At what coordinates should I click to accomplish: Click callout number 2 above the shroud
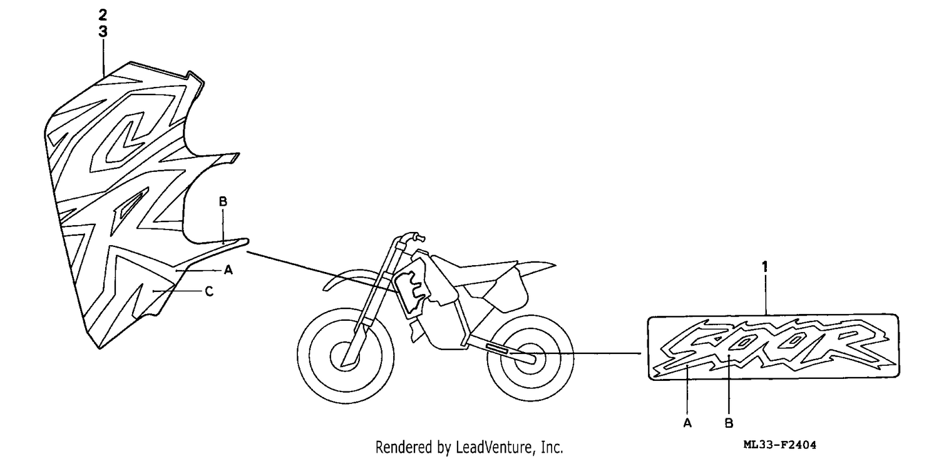(x=103, y=15)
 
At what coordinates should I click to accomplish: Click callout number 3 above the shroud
(x=103, y=31)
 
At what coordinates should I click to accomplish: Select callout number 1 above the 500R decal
(x=764, y=267)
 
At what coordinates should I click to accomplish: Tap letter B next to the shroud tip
(x=223, y=201)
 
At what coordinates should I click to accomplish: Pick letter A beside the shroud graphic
(x=228, y=270)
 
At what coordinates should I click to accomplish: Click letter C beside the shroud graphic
(x=209, y=291)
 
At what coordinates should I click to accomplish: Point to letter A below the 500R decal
(x=687, y=423)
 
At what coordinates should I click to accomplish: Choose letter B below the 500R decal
(x=729, y=423)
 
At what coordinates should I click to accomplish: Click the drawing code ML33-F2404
(x=780, y=445)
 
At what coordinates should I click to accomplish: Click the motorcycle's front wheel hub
(x=346, y=356)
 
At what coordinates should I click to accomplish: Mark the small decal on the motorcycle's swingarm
(x=497, y=348)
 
